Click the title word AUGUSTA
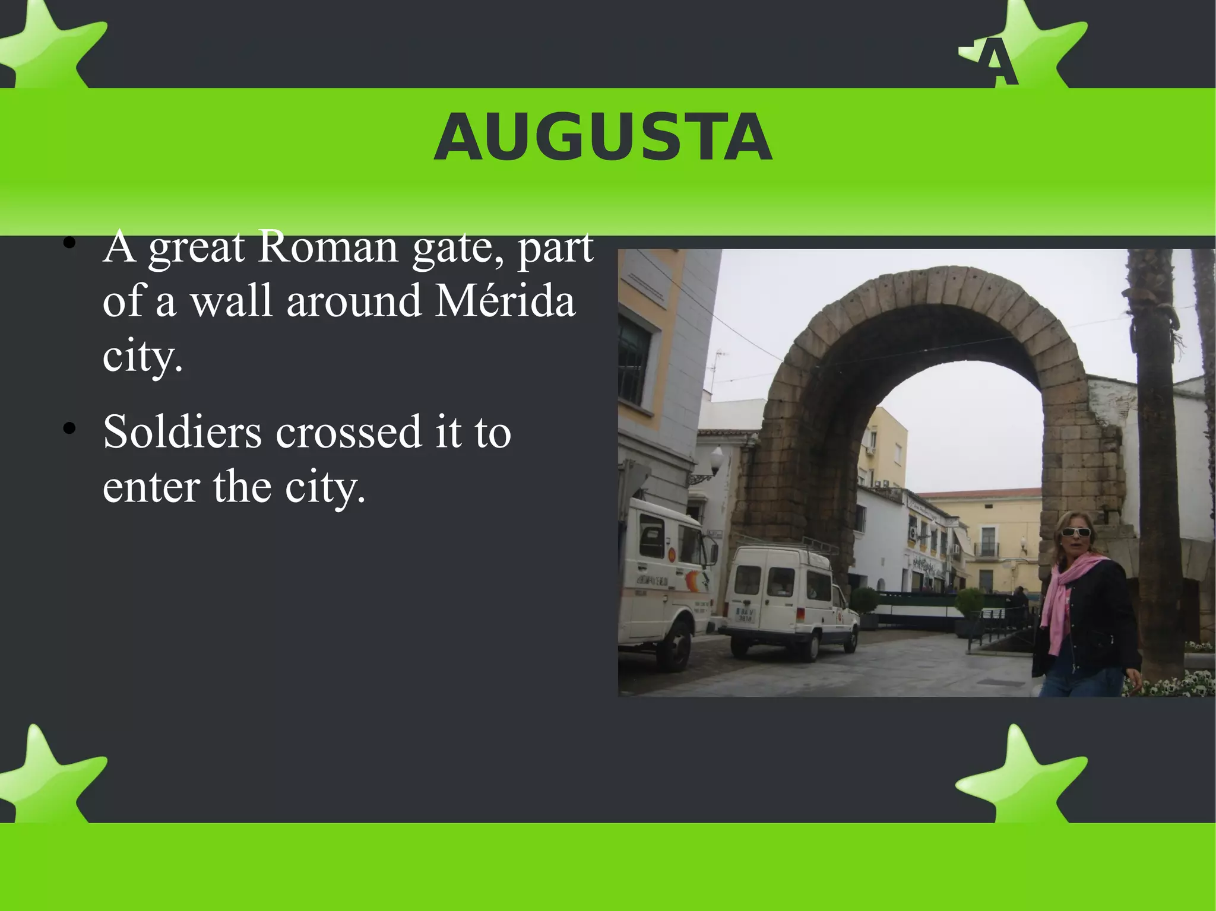pos(603,138)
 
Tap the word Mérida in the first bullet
pos(505,301)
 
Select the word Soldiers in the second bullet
pos(182,431)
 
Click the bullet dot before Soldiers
pos(69,428)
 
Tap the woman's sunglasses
pos(1075,532)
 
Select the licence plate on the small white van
pos(745,614)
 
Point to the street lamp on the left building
pos(717,459)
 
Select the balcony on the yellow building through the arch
pos(986,549)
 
